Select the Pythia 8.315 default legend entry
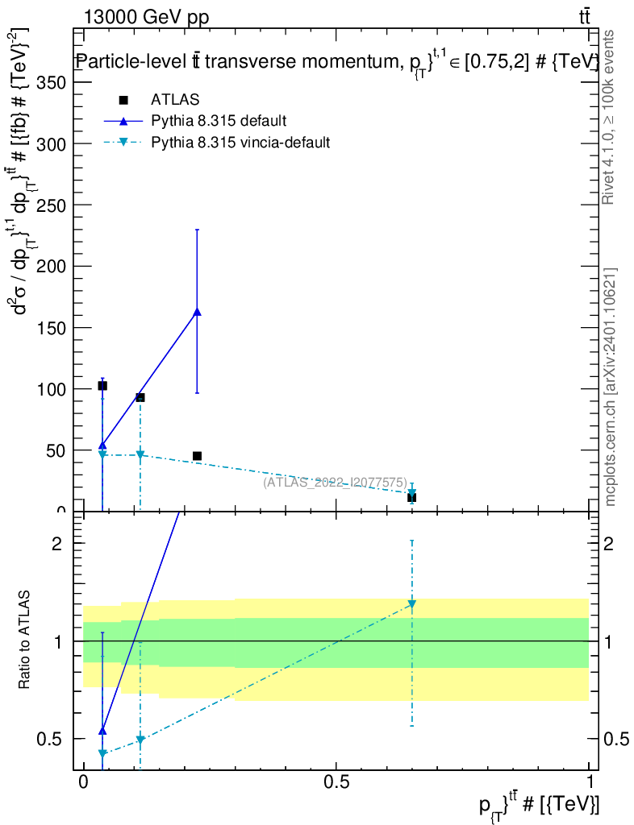click(x=219, y=122)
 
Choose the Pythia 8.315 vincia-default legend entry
click(x=240, y=143)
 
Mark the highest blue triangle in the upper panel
click(x=198, y=312)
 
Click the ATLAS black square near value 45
click(x=198, y=456)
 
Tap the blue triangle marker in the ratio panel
click(x=102, y=731)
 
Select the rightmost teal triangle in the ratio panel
click(x=412, y=603)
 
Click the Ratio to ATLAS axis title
click(x=25, y=641)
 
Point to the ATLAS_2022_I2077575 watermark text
click(x=336, y=482)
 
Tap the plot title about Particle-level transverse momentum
click(x=336, y=64)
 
